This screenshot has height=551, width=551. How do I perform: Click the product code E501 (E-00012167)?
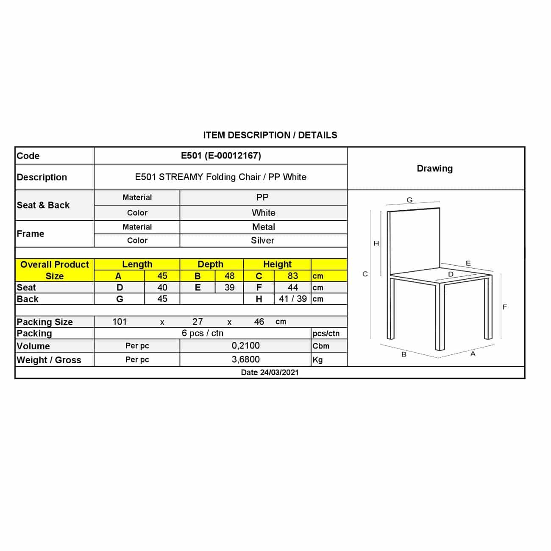[x=221, y=156]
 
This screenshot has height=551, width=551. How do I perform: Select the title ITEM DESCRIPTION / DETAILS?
[x=270, y=135]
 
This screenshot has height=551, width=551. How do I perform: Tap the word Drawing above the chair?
[x=434, y=168]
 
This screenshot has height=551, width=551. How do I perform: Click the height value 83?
[x=292, y=276]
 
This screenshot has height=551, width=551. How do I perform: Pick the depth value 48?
[x=229, y=276]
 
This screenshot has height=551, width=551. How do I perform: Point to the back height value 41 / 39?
[x=292, y=299]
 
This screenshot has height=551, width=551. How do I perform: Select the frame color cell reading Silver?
[x=262, y=240]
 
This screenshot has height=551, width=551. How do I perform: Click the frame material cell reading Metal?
[x=263, y=227]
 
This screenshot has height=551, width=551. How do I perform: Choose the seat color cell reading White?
[x=263, y=213]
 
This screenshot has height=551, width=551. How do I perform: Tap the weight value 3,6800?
[x=245, y=359]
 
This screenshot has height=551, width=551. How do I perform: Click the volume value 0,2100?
[x=245, y=346]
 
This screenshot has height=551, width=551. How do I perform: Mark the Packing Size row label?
[x=45, y=322]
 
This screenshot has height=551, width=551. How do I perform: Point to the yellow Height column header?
[x=277, y=264]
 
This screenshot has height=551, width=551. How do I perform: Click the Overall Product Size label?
[x=55, y=270]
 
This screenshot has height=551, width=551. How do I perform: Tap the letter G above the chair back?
[x=409, y=200]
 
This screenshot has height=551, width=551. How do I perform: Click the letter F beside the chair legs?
[x=504, y=307]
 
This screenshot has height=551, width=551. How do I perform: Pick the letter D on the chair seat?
[x=451, y=274]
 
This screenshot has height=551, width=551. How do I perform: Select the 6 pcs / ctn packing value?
[x=203, y=333]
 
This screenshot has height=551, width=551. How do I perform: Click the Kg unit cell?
[x=317, y=360]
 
